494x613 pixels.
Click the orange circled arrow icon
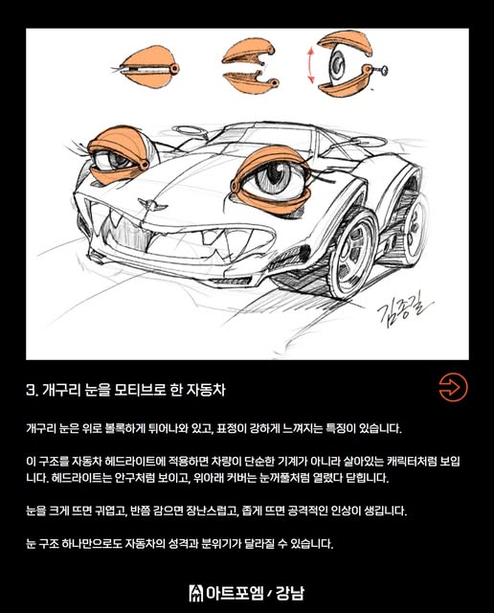[453, 387]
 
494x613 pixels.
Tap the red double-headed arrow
[311, 65]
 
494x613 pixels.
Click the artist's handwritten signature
[404, 310]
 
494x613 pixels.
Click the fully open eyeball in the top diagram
[336, 63]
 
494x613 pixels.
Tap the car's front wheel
[352, 255]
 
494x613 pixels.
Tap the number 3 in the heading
[31, 390]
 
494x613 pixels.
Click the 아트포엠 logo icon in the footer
[196, 593]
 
